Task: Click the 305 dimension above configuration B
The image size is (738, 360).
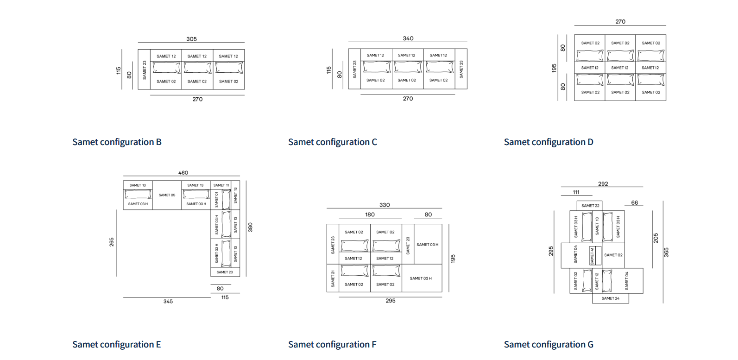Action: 191,39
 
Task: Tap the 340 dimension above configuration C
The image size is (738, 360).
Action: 408,38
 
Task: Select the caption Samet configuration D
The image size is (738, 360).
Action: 549,142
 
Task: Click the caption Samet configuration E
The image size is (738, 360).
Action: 116,344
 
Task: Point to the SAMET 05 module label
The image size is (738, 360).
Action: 167,195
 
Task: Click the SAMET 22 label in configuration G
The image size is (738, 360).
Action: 590,206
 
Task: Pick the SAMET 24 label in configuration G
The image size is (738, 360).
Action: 610,298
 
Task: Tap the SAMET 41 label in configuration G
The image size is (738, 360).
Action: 592,256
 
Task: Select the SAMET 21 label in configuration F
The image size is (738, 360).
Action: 333,278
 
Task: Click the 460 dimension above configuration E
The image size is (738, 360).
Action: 183,173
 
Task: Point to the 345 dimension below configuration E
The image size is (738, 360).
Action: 168,302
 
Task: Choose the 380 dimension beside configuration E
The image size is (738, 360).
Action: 251,227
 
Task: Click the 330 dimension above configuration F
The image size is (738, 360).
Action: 384,205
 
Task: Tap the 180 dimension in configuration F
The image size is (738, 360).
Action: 370,215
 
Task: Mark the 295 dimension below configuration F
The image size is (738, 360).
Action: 390,301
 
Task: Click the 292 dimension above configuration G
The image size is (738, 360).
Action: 603,184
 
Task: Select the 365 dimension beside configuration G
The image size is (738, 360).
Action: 666,253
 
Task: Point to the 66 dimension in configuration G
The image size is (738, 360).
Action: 634,203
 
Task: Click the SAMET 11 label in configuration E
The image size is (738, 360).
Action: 221,185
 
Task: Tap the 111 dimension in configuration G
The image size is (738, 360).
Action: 576,192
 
